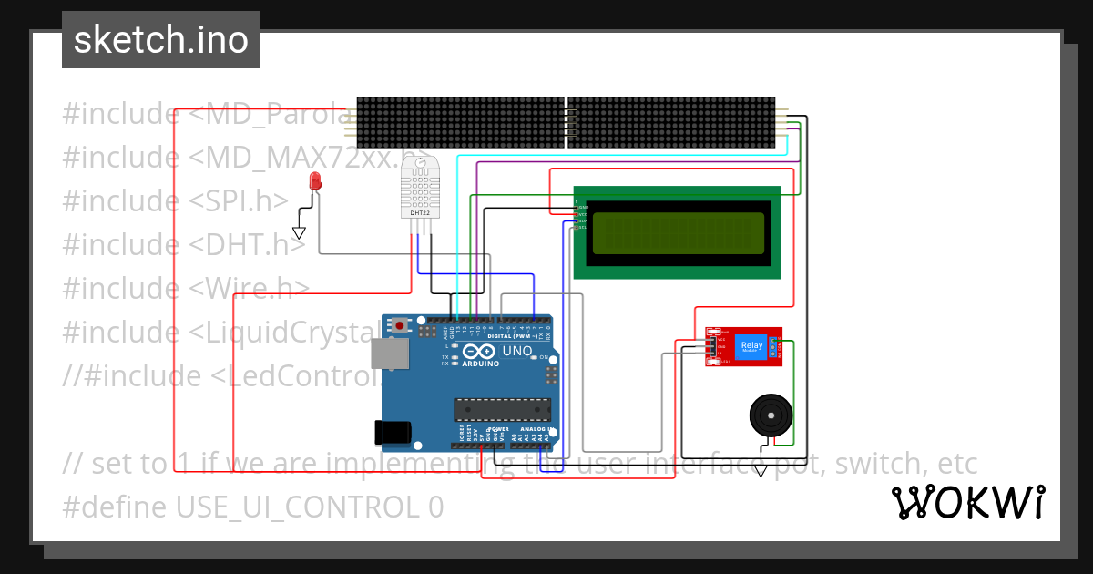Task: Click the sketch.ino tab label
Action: click(x=160, y=40)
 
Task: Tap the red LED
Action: click(x=315, y=180)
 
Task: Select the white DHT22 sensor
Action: click(x=419, y=190)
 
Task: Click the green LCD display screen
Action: click(x=678, y=233)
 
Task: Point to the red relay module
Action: click(x=743, y=346)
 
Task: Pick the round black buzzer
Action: click(x=771, y=416)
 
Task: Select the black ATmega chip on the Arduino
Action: click(x=503, y=411)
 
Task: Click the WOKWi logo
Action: click(x=966, y=502)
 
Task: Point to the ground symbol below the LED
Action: click(x=299, y=233)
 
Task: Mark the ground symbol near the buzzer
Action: click(x=760, y=470)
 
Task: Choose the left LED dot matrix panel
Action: click(x=460, y=122)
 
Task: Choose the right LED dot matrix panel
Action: click(x=671, y=122)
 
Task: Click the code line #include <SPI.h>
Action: click(x=175, y=201)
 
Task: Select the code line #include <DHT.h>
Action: click(x=184, y=245)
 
